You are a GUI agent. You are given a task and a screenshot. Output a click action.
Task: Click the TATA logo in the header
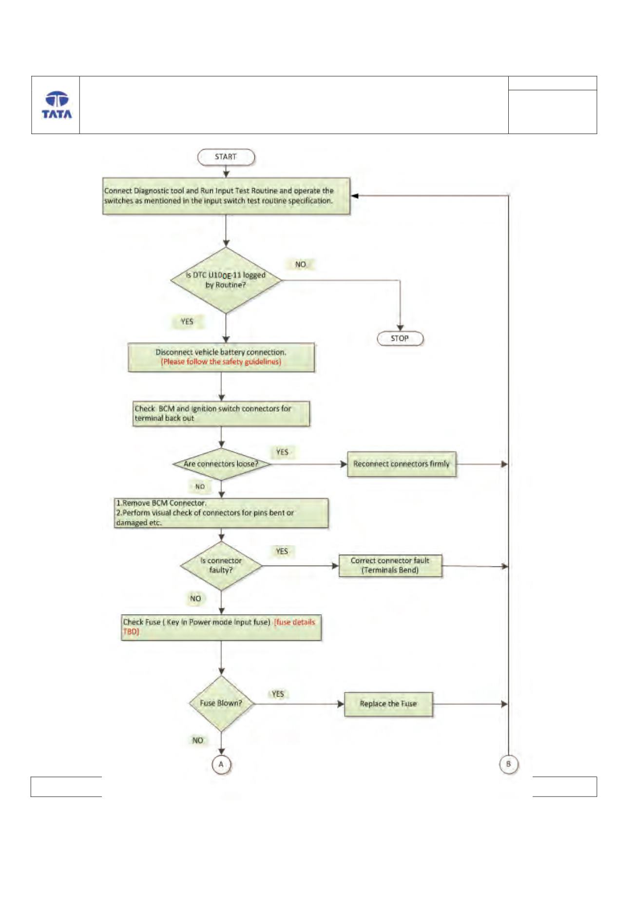[57, 105]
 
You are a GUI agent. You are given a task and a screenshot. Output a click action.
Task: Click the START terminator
[226, 157]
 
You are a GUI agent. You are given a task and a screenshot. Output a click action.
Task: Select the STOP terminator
[400, 338]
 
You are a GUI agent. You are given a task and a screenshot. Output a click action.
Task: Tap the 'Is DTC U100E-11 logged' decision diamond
[226, 280]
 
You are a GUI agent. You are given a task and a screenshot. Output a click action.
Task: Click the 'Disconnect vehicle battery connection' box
[221, 357]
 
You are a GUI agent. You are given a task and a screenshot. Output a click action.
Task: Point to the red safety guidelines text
[221, 362]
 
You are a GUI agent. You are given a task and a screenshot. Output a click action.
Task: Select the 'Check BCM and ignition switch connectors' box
[222, 414]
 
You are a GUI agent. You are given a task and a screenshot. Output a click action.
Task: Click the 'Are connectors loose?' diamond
[222, 464]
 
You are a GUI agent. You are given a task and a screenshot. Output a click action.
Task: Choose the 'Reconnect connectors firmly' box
[402, 464]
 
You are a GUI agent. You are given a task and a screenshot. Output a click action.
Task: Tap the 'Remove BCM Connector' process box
[221, 513]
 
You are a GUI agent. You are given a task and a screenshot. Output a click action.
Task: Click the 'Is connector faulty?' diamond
[221, 566]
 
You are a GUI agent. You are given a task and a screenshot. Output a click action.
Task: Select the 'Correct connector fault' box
[390, 565]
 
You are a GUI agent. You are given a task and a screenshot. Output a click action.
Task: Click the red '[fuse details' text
[294, 622]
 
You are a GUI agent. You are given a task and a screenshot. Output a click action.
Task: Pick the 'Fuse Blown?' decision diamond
[221, 703]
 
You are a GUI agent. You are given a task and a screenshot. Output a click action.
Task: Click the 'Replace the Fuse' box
[388, 704]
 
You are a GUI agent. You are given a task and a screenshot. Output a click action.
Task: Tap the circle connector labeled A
[221, 764]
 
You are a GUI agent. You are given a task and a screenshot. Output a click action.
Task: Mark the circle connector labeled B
[509, 764]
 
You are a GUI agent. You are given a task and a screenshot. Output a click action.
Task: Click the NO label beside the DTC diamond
[301, 264]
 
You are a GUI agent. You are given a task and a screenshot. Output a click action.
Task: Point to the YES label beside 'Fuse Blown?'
[278, 694]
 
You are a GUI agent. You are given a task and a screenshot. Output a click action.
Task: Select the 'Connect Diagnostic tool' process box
[226, 196]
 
